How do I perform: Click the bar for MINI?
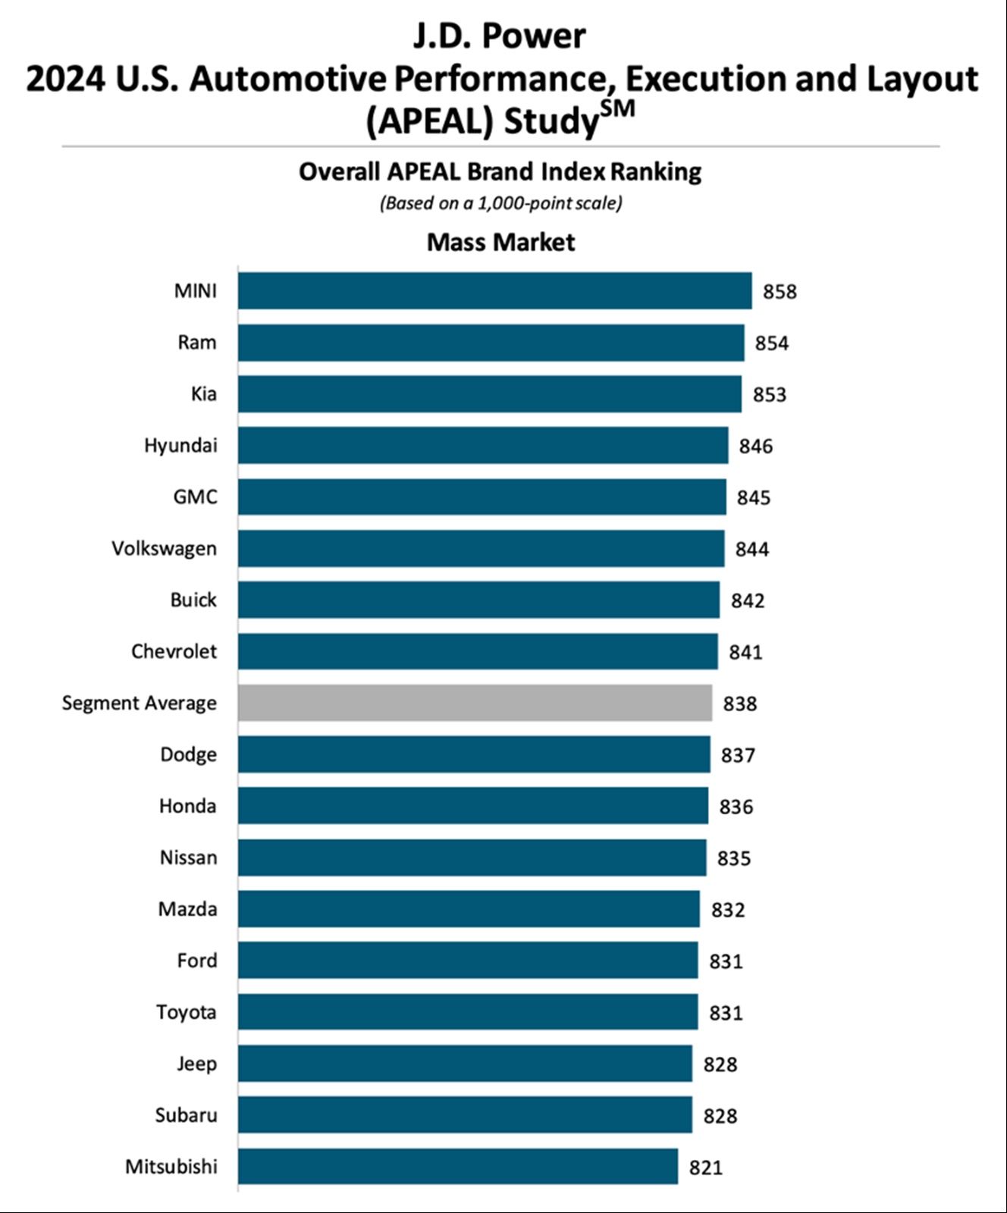494,291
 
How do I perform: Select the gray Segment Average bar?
475,703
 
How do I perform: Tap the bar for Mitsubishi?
458,1166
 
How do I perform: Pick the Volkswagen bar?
481,548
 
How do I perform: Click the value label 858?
780,292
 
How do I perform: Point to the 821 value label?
705,1168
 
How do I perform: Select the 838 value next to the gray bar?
739,704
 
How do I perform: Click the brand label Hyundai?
180,445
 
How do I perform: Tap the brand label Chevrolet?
174,651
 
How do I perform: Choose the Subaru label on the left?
186,1115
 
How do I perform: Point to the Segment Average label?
139,703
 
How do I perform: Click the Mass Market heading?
500,243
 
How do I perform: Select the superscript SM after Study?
617,110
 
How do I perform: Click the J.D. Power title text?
500,36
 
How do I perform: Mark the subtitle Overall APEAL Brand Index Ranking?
500,172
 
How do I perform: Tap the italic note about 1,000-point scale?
500,203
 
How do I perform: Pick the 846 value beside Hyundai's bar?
755,446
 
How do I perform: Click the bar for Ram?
491,343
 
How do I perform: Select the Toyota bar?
467,1012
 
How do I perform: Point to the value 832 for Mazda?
727,910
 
